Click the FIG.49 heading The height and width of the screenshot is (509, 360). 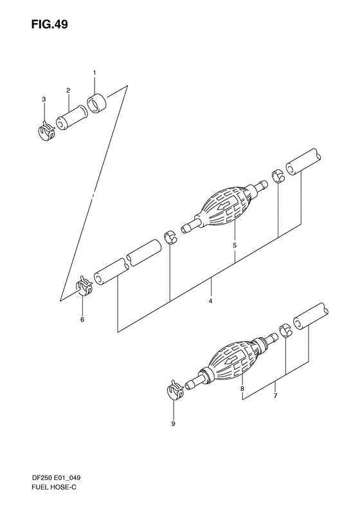50,24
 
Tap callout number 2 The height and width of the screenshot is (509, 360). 68,91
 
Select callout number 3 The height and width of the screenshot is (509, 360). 44,99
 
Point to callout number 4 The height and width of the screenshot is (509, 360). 210,301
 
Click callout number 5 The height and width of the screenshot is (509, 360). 235,245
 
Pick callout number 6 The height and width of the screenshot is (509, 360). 82,320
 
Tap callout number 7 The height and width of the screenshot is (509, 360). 275,396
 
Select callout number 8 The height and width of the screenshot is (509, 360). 242,389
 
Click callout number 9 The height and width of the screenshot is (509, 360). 173,424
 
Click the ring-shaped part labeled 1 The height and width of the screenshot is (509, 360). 96,104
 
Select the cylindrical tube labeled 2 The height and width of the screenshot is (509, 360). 71,119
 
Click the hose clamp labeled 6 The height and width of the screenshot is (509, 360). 84,286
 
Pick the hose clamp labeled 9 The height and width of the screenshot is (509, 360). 175,390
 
